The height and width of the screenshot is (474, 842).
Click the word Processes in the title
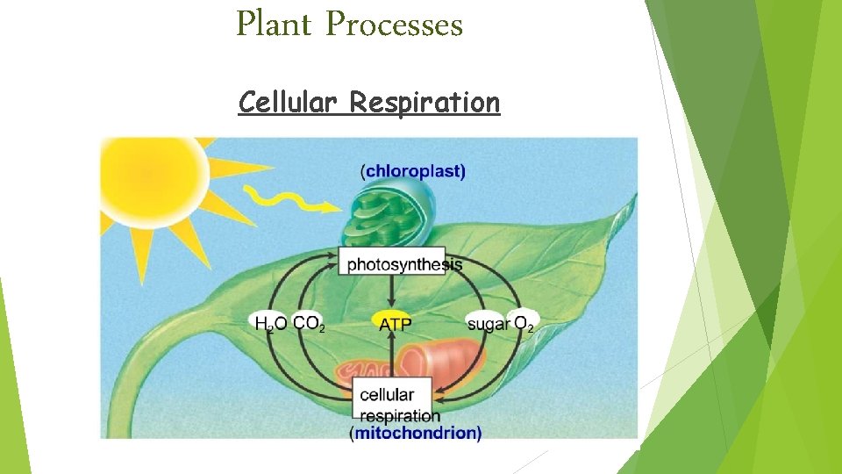(x=394, y=25)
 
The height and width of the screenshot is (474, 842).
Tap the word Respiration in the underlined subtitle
(x=425, y=103)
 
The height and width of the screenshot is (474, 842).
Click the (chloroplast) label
(x=413, y=172)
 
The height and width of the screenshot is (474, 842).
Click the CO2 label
(x=309, y=324)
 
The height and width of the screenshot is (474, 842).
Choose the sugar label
(x=488, y=324)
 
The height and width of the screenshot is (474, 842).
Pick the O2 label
(x=524, y=324)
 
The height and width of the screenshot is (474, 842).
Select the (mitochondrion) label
(x=416, y=433)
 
